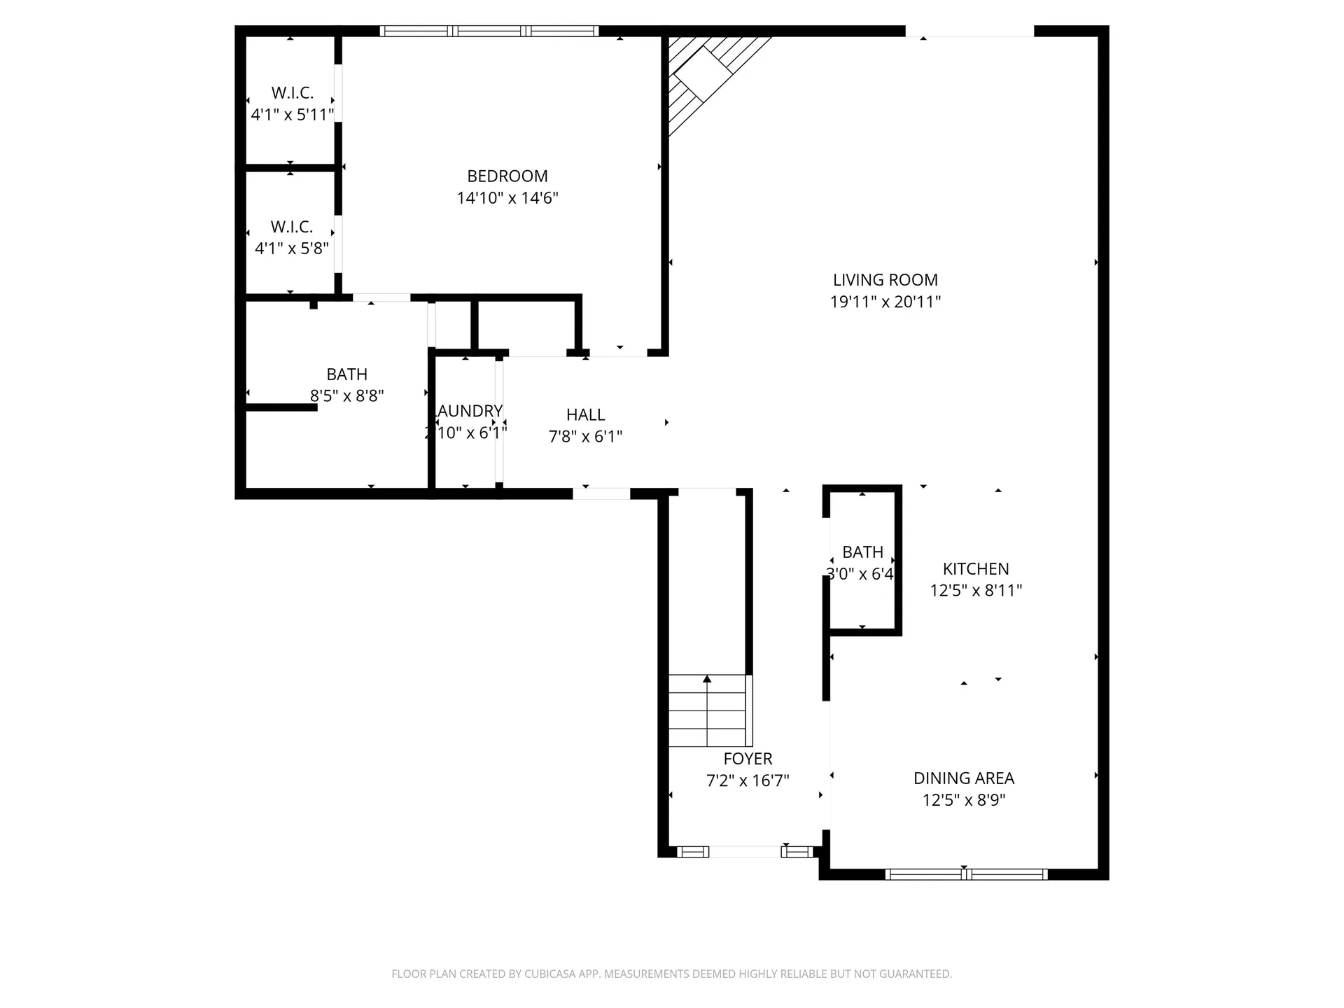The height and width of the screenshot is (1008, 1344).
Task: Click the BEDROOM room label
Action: click(x=507, y=176)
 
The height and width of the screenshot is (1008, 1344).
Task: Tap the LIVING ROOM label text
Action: click(x=885, y=280)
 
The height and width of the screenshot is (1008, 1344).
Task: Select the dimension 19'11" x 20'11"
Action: click(x=885, y=302)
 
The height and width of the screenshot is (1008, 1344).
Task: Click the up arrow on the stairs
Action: click(x=707, y=679)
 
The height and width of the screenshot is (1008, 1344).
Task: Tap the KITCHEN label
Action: click(x=975, y=569)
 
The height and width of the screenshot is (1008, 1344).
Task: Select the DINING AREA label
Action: click(x=963, y=778)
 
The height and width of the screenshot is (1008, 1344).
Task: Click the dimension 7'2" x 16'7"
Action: click(x=748, y=780)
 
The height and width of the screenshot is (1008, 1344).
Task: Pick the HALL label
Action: click(x=585, y=415)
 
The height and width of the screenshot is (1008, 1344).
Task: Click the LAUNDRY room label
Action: click(x=469, y=411)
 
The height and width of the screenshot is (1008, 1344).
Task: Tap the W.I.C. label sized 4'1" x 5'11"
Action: click(x=292, y=93)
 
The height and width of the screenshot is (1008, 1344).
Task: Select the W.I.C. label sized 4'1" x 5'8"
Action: click(x=291, y=227)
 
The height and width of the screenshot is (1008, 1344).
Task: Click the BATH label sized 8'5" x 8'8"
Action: click(x=346, y=374)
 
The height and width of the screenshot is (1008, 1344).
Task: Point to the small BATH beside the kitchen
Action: click(x=862, y=552)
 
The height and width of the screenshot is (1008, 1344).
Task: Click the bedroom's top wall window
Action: click(x=489, y=31)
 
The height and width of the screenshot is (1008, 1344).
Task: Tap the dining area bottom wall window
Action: click(x=966, y=874)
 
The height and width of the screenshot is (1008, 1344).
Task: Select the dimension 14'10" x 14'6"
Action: click(x=507, y=198)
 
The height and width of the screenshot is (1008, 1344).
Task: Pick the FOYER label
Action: click(x=748, y=759)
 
